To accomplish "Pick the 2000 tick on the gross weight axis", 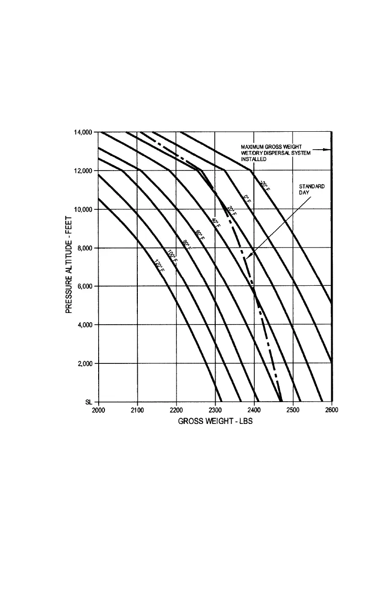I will click(x=99, y=410).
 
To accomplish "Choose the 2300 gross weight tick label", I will click(x=215, y=410).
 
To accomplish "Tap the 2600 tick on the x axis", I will click(x=331, y=410).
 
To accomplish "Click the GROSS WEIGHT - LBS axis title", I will click(x=215, y=421).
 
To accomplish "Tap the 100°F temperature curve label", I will click(x=173, y=256).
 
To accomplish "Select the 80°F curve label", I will click(x=187, y=244).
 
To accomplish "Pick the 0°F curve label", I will click(x=247, y=199).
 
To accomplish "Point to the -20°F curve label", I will click(x=264, y=185).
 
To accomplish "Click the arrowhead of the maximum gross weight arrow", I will click(x=328, y=150).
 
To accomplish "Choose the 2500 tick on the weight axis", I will click(x=293, y=410).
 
